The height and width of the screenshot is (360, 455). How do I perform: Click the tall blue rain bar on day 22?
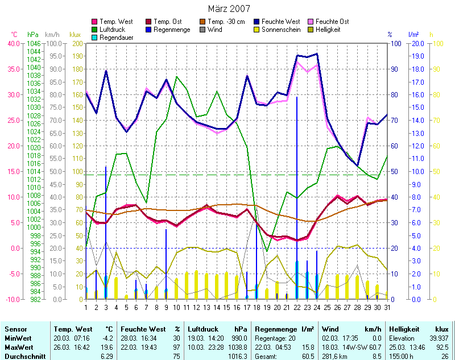[x=297, y=193]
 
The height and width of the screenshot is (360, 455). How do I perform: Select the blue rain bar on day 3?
[x=106, y=227]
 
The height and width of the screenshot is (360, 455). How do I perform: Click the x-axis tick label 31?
[x=387, y=308]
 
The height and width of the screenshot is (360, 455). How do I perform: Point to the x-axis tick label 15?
[x=226, y=308]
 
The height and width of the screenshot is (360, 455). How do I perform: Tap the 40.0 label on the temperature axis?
[x=13, y=43]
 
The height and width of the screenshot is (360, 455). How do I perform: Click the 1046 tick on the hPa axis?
[x=34, y=43]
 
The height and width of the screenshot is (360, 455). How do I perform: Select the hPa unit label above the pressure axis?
[x=33, y=35]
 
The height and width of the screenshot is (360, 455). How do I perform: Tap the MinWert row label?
[x=18, y=337]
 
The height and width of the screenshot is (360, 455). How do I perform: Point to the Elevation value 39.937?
[x=439, y=337]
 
